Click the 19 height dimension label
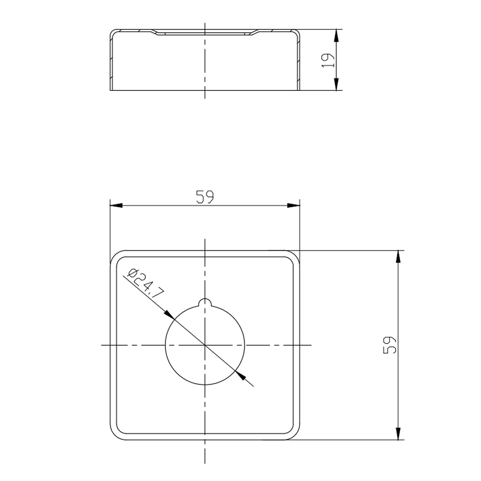click(328, 61)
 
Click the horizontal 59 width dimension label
click(204, 197)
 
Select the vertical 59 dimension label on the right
click(390, 345)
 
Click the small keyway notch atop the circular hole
click(205, 303)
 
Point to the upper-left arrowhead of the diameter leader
click(169, 314)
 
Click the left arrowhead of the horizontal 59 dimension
click(116, 205)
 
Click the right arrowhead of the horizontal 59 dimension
click(293, 205)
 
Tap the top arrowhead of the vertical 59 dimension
click(398, 256)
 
